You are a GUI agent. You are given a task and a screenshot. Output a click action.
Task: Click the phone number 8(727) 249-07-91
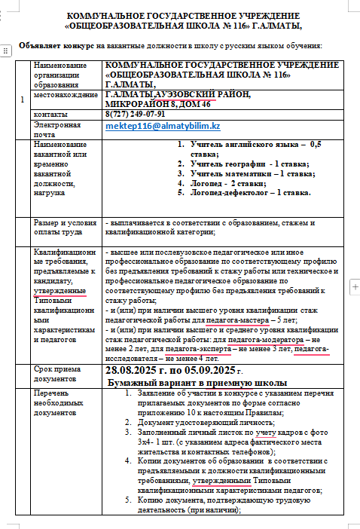[136, 113]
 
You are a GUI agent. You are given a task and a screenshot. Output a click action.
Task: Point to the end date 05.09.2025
[206, 371]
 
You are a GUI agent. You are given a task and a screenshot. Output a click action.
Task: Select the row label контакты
[50, 113]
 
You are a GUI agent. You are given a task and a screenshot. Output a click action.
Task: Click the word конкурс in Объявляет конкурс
[78, 46]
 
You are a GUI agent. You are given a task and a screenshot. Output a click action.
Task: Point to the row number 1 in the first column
[22, 99]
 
